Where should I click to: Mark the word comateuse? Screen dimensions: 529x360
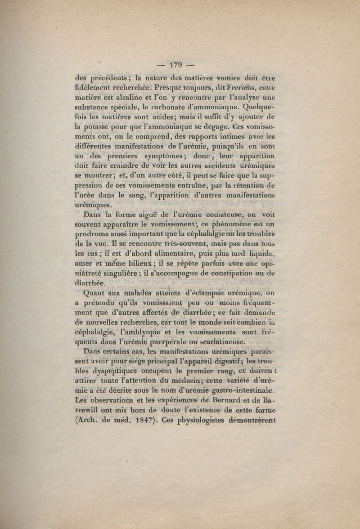tap(219, 215)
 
